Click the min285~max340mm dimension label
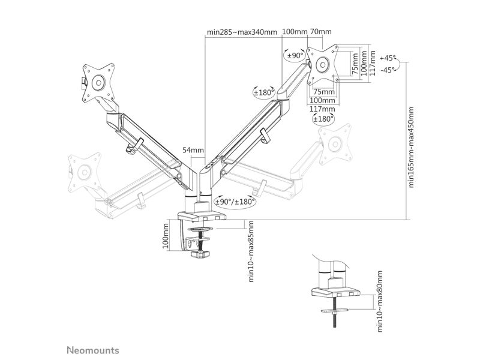[242, 32]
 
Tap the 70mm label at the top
[321, 32]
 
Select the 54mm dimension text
[193, 150]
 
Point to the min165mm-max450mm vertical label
[411, 147]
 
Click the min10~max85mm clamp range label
[251, 251]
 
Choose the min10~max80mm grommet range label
[380, 301]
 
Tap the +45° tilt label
[388, 58]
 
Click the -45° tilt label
[388, 70]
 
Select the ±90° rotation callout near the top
[295, 55]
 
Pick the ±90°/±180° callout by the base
[235, 202]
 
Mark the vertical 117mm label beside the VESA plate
[372, 63]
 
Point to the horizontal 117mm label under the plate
[322, 109]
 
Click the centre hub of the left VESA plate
[98, 83]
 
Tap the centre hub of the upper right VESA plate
[322, 64]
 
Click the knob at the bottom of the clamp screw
[200, 254]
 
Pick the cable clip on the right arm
[265, 136]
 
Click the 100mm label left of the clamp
[166, 235]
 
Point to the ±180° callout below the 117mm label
[323, 119]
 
